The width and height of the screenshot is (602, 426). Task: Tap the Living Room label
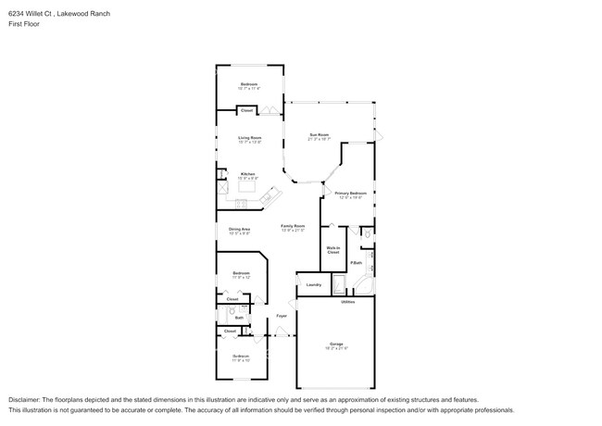pos(249,138)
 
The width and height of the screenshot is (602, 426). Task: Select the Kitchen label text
pos(247,173)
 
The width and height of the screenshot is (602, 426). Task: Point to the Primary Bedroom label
pos(351,194)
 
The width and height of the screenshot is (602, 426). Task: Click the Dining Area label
pos(240,229)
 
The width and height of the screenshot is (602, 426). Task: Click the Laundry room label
pos(313,284)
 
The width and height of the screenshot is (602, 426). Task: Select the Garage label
pos(335,344)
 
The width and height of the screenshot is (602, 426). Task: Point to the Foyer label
pos(281,316)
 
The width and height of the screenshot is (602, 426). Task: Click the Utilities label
pos(347,302)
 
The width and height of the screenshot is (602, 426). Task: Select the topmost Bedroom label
pos(249,84)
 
